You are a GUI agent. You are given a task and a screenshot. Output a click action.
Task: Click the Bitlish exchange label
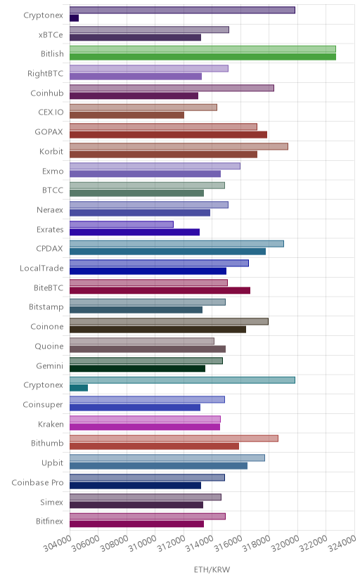(x=52, y=54)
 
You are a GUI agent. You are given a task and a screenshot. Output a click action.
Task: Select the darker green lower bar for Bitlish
(x=202, y=57)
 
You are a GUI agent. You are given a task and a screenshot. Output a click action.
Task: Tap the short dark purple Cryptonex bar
(x=75, y=18)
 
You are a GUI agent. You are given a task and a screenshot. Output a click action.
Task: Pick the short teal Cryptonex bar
(x=79, y=388)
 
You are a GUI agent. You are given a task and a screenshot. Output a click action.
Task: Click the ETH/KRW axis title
(x=212, y=569)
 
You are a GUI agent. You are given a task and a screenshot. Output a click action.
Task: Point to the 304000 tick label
(x=58, y=543)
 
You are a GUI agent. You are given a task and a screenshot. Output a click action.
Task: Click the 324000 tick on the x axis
(x=342, y=543)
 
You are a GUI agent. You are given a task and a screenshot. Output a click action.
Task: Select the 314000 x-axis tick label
(x=200, y=543)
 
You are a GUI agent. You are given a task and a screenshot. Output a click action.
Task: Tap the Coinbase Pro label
(x=37, y=482)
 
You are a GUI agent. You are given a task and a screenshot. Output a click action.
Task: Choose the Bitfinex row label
(x=50, y=521)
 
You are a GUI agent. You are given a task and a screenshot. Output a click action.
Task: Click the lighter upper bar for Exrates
(x=122, y=224)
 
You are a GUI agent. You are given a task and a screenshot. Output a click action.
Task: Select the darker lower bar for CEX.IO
(x=127, y=115)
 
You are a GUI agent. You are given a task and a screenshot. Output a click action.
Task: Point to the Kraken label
(x=51, y=425)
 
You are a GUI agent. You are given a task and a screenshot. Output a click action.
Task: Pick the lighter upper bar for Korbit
(x=179, y=146)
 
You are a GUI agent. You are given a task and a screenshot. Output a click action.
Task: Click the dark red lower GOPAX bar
(x=169, y=135)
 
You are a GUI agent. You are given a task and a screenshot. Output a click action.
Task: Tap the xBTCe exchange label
(x=51, y=34)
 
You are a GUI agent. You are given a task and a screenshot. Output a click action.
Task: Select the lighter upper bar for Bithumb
(x=174, y=439)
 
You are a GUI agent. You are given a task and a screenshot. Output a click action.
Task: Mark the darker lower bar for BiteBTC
(x=160, y=290)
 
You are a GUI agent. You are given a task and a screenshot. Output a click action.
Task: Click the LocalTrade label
(x=41, y=268)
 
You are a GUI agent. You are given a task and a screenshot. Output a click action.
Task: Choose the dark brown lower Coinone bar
(x=157, y=329)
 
